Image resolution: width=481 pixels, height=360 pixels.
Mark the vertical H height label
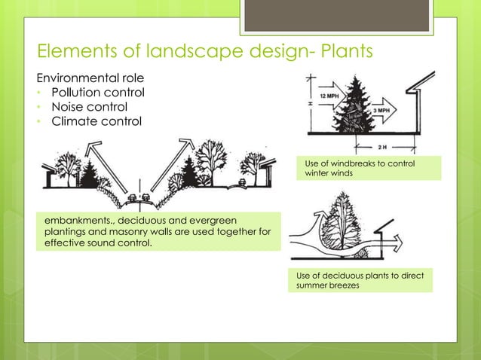310,103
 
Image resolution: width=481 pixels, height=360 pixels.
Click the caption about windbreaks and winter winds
367,169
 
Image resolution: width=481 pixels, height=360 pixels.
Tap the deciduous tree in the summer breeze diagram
348,221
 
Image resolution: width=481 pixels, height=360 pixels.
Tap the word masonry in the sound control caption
196,230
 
